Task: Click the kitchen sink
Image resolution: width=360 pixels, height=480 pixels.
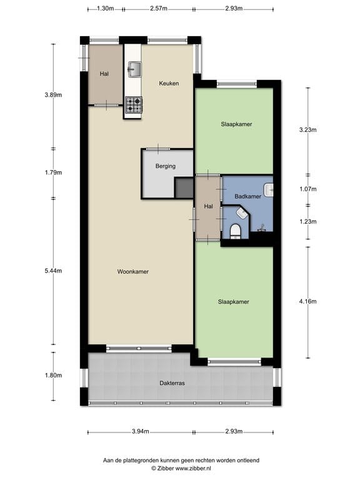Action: [134, 67]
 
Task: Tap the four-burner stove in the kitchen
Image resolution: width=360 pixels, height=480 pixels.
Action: [133, 104]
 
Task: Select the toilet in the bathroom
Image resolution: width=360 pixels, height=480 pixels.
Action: [235, 232]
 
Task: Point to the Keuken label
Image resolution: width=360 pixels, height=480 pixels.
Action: [169, 83]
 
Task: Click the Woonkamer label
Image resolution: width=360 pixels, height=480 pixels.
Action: [132, 271]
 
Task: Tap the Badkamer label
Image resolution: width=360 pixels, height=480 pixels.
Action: [247, 196]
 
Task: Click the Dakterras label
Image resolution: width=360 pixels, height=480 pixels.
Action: [172, 382]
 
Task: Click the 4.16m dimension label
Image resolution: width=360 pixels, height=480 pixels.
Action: [308, 301]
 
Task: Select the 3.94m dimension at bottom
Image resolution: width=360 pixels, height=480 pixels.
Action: [141, 432]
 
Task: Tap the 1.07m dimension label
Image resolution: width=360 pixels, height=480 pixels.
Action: [308, 189]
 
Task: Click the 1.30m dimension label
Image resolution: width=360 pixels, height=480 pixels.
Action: [106, 9]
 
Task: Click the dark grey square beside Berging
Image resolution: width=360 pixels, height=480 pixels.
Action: [184, 187]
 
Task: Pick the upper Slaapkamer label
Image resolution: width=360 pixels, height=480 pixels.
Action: [236, 124]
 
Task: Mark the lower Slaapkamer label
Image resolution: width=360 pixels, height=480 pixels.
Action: [234, 301]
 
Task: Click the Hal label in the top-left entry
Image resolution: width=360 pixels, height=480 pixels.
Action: [104, 74]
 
